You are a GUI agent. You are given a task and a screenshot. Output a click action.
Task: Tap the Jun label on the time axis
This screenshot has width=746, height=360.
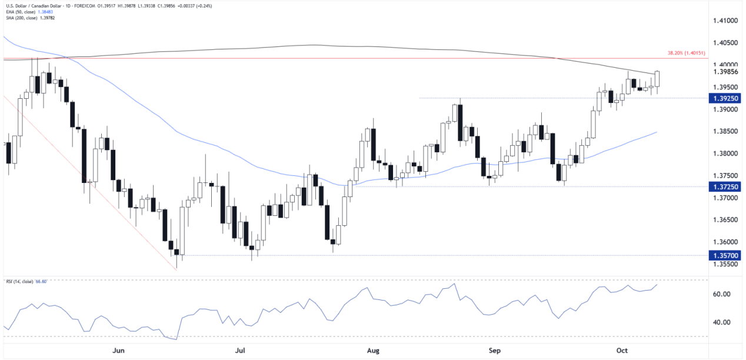119,351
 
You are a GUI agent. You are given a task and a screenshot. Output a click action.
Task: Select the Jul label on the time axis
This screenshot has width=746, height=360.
240,351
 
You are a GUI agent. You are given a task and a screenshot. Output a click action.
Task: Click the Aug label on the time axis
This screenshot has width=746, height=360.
372,351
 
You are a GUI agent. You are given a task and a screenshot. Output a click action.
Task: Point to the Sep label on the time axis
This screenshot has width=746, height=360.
495,351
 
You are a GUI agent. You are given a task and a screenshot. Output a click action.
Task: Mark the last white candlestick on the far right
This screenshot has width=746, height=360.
657,79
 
